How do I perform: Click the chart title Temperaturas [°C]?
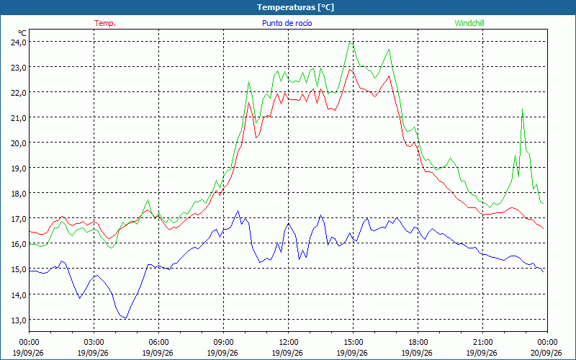[x=295, y=7]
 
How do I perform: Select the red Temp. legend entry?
[x=105, y=23]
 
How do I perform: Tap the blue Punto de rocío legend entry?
[x=287, y=23]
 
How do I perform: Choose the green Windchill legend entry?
[x=469, y=23]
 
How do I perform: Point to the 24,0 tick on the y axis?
[x=19, y=42]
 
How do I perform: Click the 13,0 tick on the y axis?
[x=19, y=320]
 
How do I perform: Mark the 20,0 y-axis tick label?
[x=19, y=143]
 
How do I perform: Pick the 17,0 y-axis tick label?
[x=19, y=219]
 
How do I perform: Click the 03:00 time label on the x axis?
[x=94, y=343]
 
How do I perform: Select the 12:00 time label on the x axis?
[x=288, y=343]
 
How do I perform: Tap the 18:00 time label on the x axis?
[x=418, y=343]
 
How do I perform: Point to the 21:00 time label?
[x=482, y=343]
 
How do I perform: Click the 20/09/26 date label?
[x=546, y=353]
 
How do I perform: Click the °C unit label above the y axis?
[x=22, y=33]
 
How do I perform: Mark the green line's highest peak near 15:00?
[x=350, y=42]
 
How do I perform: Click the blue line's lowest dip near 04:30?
[x=125, y=318]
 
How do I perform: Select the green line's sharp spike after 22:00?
[x=522, y=109]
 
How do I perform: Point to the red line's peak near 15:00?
[x=350, y=69]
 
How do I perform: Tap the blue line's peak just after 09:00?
[x=238, y=211]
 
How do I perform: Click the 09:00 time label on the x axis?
[x=223, y=343]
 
